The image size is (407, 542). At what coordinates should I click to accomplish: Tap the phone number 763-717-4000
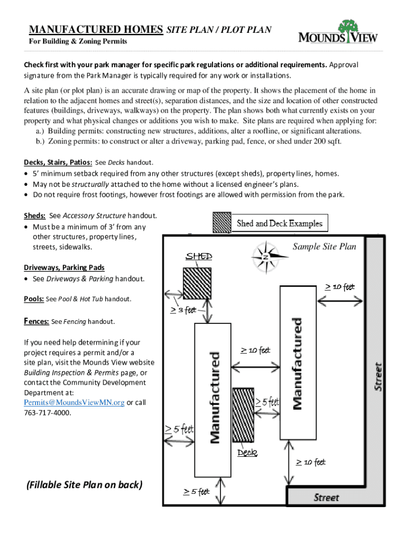(x=47, y=412)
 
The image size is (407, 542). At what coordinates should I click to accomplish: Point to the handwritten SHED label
(x=199, y=257)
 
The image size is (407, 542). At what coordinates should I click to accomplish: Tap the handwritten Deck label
(x=247, y=453)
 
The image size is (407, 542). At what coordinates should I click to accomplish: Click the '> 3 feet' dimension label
(x=183, y=310)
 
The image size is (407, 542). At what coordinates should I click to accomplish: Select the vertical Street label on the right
(x=378, y=376)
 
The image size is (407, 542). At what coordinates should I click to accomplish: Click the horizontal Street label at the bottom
(x=326, y=497)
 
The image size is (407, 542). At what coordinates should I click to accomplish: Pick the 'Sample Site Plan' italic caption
(x=324, y=247)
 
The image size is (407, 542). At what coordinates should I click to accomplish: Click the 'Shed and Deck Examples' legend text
(x=279, y=223)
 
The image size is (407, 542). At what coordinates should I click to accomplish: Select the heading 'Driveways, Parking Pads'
(x=64, y=267)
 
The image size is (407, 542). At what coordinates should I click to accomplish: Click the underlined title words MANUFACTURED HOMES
(x=96, y=30)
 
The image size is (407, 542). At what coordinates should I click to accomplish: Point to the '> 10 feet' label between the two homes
(x=255, y=350)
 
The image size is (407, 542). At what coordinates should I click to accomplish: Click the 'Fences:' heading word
(x=36, y=321)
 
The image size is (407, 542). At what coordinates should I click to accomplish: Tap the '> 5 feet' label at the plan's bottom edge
(x=196, y=492)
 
